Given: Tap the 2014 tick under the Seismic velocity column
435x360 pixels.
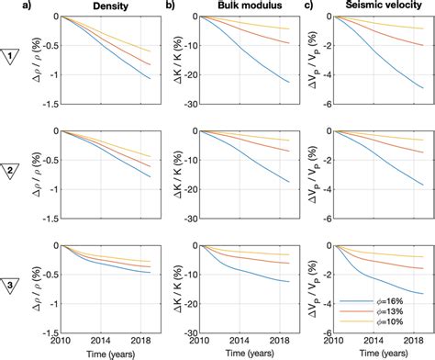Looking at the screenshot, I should point(367,342).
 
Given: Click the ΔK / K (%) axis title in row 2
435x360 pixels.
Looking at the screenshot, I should point(168,173).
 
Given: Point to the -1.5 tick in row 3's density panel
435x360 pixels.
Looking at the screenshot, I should point(50,333).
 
